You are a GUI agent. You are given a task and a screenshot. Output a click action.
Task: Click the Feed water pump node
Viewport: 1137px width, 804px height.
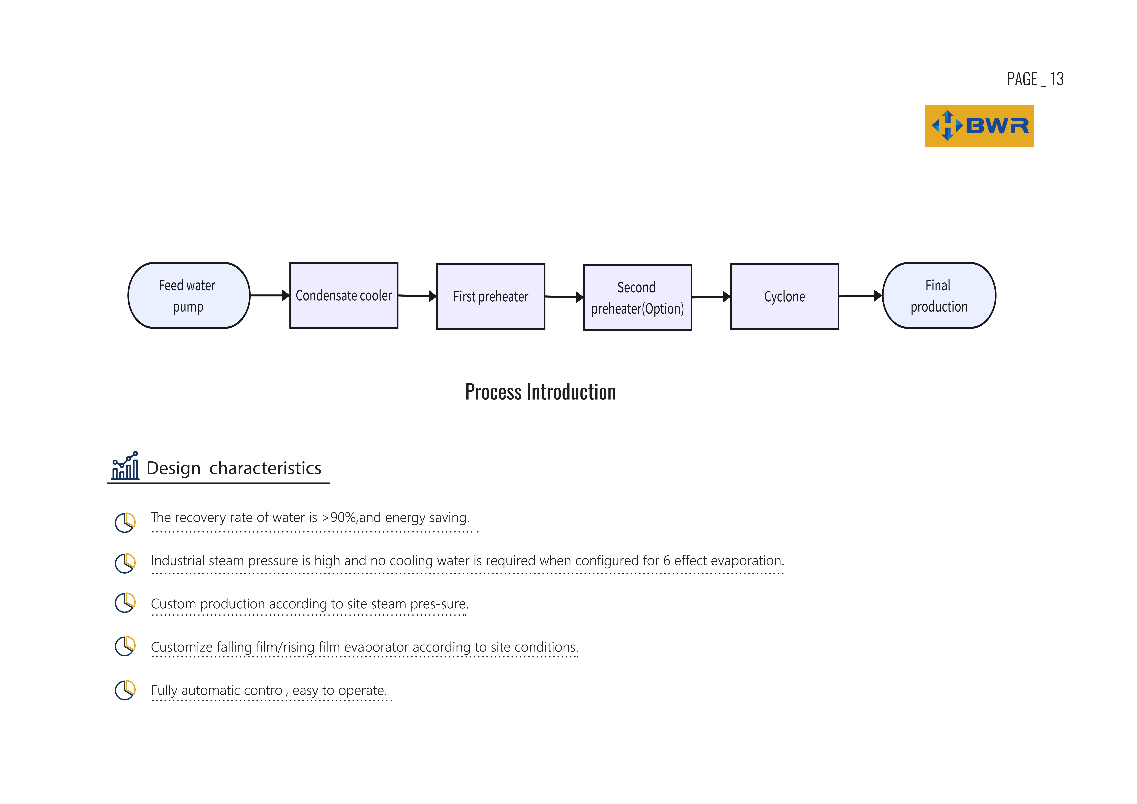[189, 296]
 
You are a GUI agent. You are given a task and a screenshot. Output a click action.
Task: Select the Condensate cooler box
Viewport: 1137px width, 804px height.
[344, 296]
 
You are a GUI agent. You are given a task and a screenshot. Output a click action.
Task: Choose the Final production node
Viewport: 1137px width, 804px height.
[939, 296]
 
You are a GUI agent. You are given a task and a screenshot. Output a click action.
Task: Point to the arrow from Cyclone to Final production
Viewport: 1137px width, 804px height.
[860, 296]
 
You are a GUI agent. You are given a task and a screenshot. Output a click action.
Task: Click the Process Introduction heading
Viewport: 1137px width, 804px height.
[540, 392]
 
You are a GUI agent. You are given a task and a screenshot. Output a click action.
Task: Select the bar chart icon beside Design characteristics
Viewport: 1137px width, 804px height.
[125, 466]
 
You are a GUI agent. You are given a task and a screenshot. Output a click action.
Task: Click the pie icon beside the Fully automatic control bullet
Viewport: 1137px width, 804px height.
[125, 690]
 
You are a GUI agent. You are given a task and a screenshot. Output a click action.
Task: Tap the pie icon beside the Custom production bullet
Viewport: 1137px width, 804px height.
[125, 603]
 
